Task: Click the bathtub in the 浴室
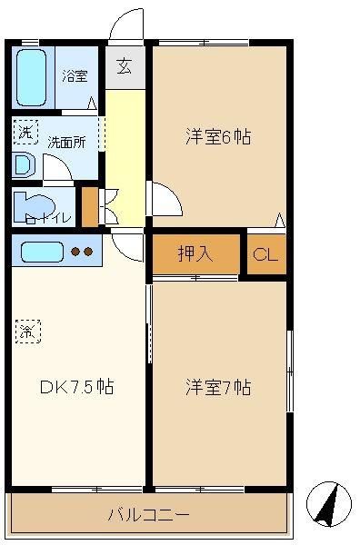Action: click(31, 77)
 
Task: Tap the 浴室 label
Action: click(75, 75)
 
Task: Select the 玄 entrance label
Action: click(125, 66)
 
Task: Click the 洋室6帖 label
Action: click(218, 136)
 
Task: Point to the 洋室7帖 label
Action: click(218, 387)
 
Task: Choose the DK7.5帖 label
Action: click(77, 386)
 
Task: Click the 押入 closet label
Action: click(195, 253)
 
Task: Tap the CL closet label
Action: click(265, 255)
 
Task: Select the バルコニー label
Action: click(149, 514)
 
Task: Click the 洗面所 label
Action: click(66, 143)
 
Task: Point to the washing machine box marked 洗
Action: click(25, 132)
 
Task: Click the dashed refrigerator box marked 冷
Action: click(28, 332)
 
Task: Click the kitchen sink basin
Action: click(42, 252)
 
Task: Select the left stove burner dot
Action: click(75, 252)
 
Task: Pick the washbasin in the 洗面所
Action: click(24, 164)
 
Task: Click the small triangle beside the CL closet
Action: click(280, 220)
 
